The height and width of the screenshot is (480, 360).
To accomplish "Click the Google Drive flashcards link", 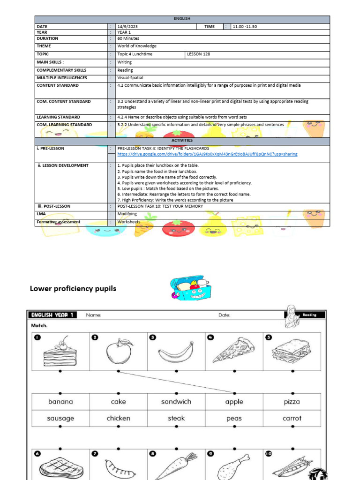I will [x=207, y=154].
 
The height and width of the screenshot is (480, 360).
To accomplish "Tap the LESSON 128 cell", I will [x=199, y=54].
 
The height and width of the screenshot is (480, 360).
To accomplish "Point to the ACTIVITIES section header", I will [x=182, y=140].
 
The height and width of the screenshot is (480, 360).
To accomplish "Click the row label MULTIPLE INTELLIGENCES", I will [x=62, y=78].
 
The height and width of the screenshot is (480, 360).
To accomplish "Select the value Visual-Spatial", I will [x=130, y=78].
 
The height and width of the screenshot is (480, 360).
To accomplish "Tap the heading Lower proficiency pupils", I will [x=73, y=288].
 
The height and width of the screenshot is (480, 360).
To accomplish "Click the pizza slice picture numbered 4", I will [x=233, y=350].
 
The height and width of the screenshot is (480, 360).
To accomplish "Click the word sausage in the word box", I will [x=61, y=418].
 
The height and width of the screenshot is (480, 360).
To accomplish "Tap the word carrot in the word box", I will [x=292, y=418].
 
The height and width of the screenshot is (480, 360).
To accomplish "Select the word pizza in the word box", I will [x=292, y=402].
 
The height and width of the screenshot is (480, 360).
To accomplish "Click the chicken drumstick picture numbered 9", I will [x=233, y=466].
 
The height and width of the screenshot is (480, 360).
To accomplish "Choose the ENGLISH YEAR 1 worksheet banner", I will [x=52, y=315].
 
